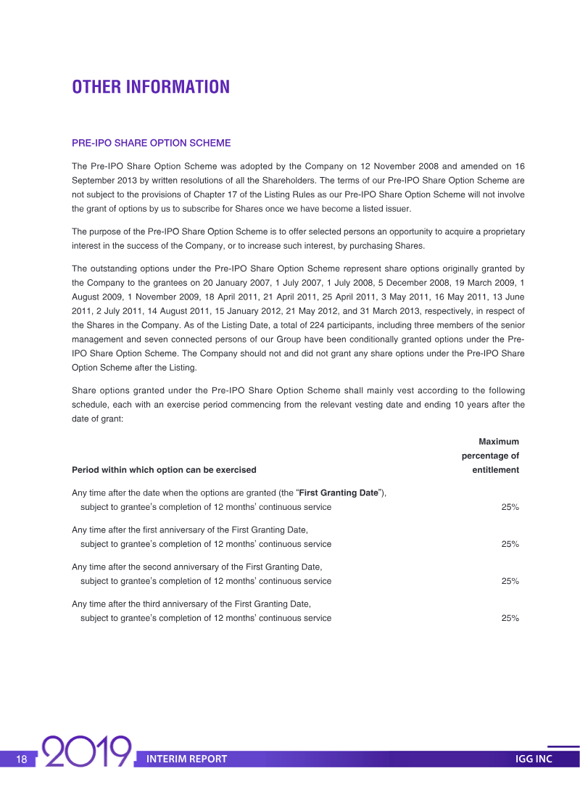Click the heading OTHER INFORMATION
pyautogui.click(x=151, y=87)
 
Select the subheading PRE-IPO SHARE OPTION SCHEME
pyautogui.click(x=151, y=143)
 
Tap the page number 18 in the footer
pyautogui.click(x=22, y=759)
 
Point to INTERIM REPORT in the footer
pyautogui.click(x=186, y=759)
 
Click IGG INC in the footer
pyautogui.click(x=534, y=759)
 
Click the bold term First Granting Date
pyautogui.click(x=340, y=493)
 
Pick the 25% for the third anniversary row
pyautogui.click(x=510, y=618)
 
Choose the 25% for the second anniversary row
pyautogui.click(x=510, y=581)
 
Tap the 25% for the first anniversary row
pyautogui.click(x=510, y=544)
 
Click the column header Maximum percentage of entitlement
pyautogui.click(x=491, y=456)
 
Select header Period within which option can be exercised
pyautogui.click(x=164, y=470)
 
